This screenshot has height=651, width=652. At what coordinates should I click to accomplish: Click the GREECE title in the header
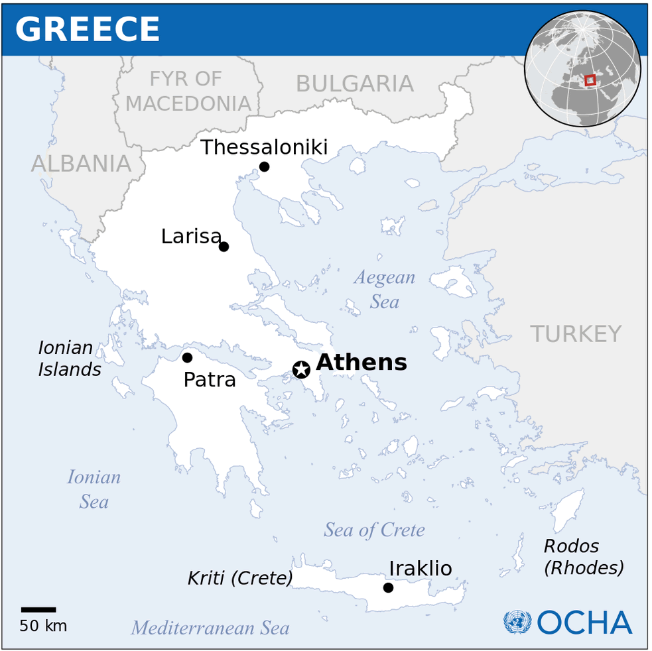click(x=88, y=30)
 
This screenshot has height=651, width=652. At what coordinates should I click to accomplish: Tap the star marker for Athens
click(x=301, y=369)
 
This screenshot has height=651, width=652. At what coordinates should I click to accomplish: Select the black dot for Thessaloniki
click(x=264, y=166)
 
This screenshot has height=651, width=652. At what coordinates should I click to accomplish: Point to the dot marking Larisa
click(x=224, y=247)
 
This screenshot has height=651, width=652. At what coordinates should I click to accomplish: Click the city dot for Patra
click(x=187, y=357)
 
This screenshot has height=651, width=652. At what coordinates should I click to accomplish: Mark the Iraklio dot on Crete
click(x=388, y=587)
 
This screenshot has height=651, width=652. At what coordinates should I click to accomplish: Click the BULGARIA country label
click(x=354, y=84)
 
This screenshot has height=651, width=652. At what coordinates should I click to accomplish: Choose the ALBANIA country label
click(x=81, y=164)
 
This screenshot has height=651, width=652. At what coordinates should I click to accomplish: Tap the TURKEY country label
click(x=576, y=334)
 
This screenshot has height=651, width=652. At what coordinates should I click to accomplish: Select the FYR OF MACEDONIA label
click(x=188, y=91)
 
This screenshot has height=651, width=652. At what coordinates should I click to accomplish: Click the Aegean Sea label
click(x=385, y=289)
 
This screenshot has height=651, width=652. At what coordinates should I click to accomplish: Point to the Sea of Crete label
click(x=374, y=530)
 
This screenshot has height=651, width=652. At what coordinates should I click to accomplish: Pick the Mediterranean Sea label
click(x=210, y=628)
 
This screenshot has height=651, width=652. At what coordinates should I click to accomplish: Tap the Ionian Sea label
click(x=94, y=489)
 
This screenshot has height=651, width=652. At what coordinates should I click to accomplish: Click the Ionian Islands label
click(x=69, y=359)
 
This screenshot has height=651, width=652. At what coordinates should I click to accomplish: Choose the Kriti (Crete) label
click(x=240, y=578)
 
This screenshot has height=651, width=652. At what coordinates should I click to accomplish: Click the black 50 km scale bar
click(x=38, y=609)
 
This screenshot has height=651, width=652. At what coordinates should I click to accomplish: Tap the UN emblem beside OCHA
click(x=517, y=622)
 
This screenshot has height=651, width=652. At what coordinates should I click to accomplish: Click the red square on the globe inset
click(x=590, y=80)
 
